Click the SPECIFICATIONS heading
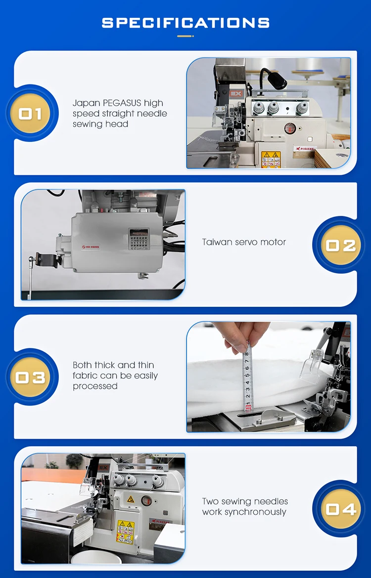point(185,23)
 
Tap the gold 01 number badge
point(31,114)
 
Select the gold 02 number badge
point(340,246)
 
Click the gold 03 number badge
point(31,378)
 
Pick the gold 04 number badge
point(340,509)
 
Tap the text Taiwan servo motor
point(244,242)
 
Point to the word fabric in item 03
point(85,375)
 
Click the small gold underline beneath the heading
point(185,36)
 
